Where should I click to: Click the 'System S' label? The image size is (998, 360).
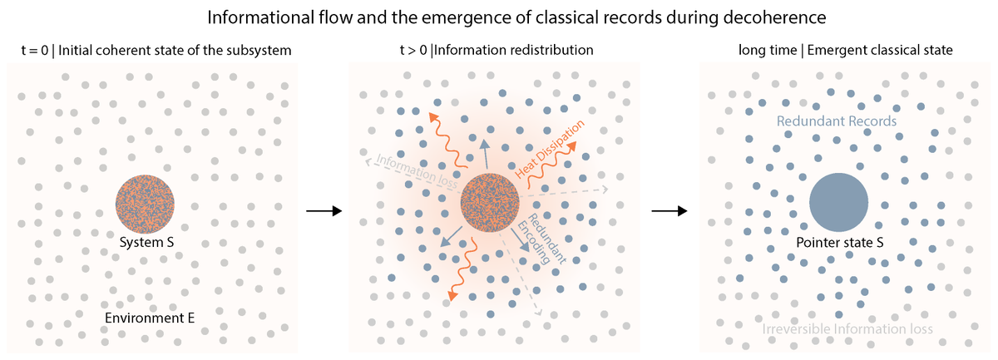[145, 243]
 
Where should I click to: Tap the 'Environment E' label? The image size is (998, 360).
[150, 318]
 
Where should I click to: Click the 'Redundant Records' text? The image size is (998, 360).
[837, 121]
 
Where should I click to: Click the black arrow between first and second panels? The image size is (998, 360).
[324, 211]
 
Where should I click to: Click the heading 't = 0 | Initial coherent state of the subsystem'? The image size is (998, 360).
[156, 51]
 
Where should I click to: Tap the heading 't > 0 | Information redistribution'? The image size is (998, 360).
[497, 51]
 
